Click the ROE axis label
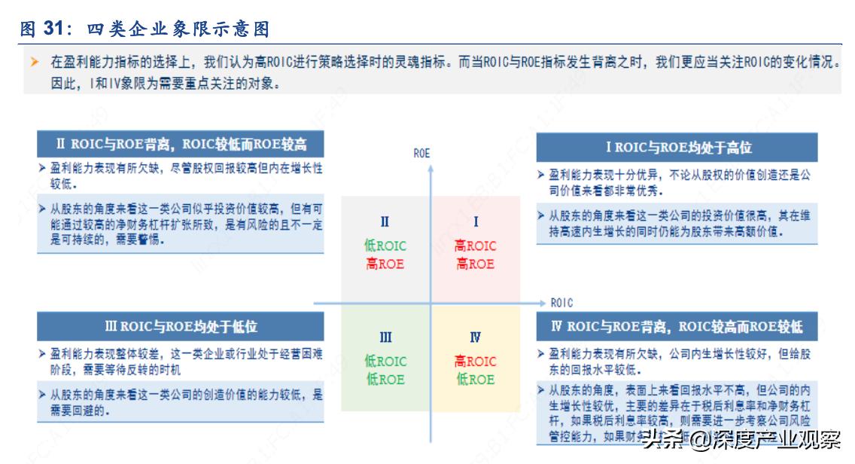coord(422,153)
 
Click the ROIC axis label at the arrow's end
coord(561,303)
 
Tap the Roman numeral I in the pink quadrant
coord(476,221)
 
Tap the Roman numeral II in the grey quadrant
coord(385,221)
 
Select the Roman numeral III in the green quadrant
coord(385,337)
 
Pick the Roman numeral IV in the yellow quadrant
coord(476,337)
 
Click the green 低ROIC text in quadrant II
coord(385,246)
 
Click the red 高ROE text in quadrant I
coord(476,264)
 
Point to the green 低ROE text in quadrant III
coord(385,379)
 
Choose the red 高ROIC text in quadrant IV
coord(476,362)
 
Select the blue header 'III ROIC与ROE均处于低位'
coord(181,327)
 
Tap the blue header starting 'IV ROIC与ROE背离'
coord(676,327)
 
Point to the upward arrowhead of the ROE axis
coord(431,169)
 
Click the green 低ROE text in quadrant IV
coord(476,379)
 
